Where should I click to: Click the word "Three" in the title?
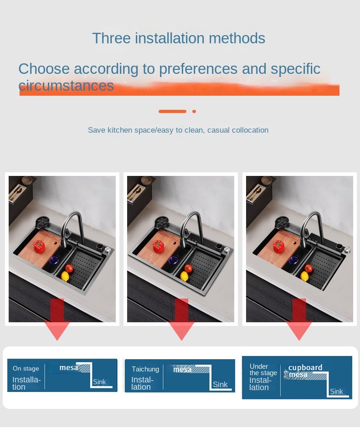pos(111,38)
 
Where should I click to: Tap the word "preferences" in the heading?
pos(198,69)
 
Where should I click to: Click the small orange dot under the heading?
pos(194,111)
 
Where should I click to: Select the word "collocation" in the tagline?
pos(250,130)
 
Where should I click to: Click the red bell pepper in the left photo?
pos(39,246)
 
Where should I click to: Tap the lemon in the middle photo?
pos(184,276)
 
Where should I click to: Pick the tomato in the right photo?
pos(309,268)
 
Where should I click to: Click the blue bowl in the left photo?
pos(54,260)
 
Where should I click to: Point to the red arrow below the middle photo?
pos(181,320)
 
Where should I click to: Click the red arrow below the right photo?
pos(299,320)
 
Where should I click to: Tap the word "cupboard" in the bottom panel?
pos(305,367)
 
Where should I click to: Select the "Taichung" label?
pos(145,369)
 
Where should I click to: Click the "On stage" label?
pos(26,368)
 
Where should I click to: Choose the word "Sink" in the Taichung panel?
pos(220,384)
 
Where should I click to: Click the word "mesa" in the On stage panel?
pos(69,368)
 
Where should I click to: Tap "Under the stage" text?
pos(263,370)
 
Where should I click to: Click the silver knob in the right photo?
pos(347,249)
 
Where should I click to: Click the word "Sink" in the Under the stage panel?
pos(336,392)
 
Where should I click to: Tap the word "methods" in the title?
pos(237,38)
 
